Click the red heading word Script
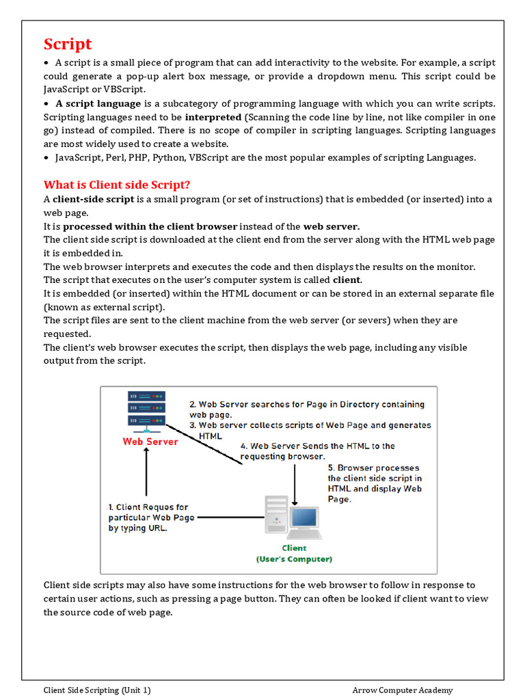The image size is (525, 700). pyautogui.click(x=68, y=44)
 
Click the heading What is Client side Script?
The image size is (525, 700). pyautogui.click(x=117, y=185)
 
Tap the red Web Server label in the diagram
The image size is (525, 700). pyautogui.click(x=150, y=442)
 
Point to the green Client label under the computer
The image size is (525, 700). pyautogui.click(x=295, y=548)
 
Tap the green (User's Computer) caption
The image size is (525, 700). pyautogui.click(x=295, y=559)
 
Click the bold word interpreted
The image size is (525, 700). pyautogui.click(x=213, y=117)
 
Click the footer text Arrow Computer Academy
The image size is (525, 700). pyautogui.click(x=403, y=690)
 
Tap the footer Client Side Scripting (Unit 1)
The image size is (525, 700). pyautogui.click(x=97, y=690)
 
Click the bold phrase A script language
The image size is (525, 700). pyautogui.click(x=98, y=103)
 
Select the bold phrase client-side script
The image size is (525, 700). pyautogui.click(x=94, y=199)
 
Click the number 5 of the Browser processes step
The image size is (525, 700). pyautogui.click(x=330, y=468)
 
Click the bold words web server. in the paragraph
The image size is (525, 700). pyautogui.click(x=332, y=226)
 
